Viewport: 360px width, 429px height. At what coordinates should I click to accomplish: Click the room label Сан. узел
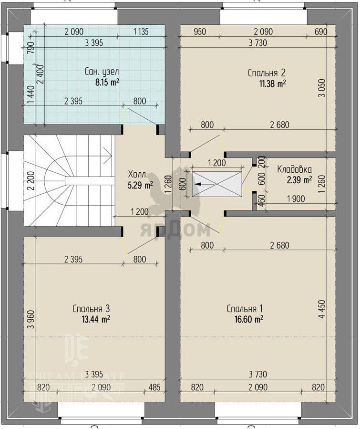(102, 72)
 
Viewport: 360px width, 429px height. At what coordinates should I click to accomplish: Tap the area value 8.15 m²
(107, 83)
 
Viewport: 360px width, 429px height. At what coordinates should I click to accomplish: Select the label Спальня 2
(267, 73)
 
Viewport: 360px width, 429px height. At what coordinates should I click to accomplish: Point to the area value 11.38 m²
(273, 84)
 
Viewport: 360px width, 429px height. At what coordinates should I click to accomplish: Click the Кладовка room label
(294, 169)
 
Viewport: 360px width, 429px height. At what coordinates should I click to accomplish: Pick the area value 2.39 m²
(299, 180)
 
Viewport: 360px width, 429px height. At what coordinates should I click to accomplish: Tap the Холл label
(137, 174)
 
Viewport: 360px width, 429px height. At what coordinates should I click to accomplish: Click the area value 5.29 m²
(140, 186)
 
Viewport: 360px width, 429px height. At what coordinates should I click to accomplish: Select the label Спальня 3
(91, 309)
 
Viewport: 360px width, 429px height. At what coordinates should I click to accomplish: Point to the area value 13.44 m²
(96, 319)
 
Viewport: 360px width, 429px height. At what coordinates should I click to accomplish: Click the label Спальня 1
(245, 309)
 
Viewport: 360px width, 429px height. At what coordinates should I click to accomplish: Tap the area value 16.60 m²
(249, 319)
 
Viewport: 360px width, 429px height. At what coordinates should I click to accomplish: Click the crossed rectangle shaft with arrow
(217, 184)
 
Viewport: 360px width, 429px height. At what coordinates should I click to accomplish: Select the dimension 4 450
(322, 309)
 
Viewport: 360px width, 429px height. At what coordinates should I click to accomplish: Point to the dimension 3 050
(322, 88)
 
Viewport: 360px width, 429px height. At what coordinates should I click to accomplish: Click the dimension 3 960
(31, 319)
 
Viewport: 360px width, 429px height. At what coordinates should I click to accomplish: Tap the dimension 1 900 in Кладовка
(296, 199)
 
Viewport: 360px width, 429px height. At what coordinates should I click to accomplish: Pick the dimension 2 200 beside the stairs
(31, 180)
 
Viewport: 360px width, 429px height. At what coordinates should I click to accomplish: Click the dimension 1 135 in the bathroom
(141, 32)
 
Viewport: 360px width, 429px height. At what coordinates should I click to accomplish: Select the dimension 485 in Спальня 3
(154, 387)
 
